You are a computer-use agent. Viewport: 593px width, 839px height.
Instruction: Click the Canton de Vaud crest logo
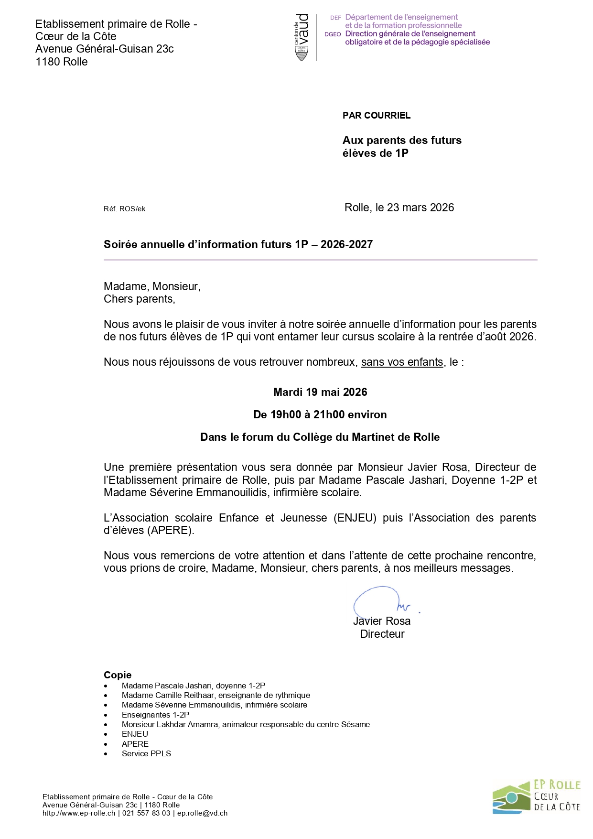tap(302, 37)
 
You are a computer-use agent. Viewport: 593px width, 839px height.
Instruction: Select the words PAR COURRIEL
tap(377, 115)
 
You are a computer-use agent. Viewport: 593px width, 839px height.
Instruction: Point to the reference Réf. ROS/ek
tap(124, 209)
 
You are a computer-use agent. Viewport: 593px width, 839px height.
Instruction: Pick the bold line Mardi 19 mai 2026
tap(320, 392)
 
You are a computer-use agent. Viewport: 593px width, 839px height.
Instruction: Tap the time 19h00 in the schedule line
tap(286, 414)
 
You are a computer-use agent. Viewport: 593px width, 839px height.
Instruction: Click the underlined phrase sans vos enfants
tap(402, 362)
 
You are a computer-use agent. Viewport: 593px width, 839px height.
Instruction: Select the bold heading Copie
tap(118, 675)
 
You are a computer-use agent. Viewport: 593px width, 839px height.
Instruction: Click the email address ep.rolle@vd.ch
tap(202, 813)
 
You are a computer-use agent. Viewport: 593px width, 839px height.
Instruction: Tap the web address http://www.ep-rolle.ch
tap(79, 813)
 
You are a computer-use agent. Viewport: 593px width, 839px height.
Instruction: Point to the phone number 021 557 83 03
tap(146, 813)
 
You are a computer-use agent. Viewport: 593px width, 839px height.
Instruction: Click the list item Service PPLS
tap(146, 753)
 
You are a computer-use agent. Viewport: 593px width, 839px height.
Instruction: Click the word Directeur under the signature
tap(382, 634)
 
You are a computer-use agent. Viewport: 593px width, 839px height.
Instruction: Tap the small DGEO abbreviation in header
tap(333, 34)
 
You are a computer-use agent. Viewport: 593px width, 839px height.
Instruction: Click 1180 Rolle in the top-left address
tap(62, 62)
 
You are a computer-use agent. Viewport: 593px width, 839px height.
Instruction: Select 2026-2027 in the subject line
tap(346, 244)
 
